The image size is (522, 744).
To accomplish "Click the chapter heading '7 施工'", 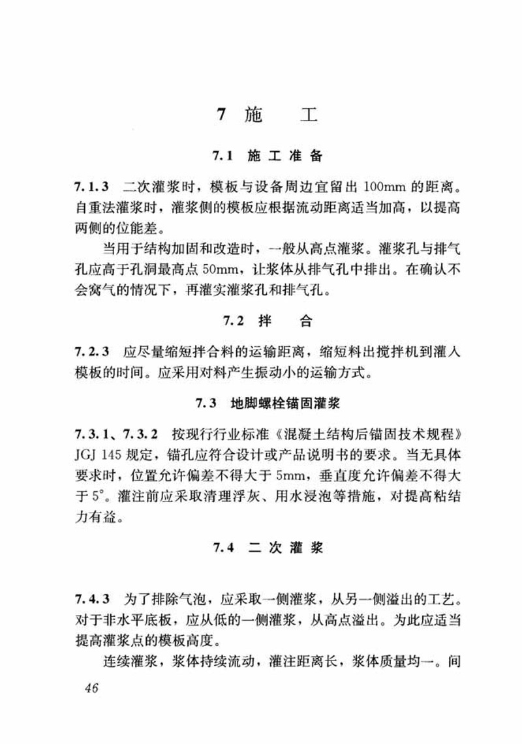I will click(267, 115).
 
